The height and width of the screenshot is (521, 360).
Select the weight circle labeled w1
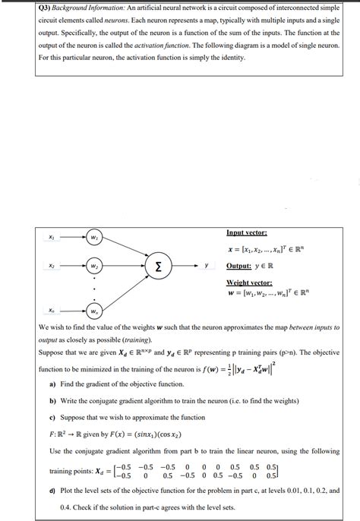[x=94, y=235]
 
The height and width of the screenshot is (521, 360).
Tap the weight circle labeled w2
[x=94, y=267]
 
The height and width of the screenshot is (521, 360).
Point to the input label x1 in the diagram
[x=52, y=235]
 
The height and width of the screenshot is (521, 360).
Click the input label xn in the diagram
[x=52, y=310]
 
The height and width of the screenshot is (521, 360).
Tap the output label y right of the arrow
[x=206, y=267]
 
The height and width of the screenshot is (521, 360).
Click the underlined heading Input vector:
[x=247, y=232]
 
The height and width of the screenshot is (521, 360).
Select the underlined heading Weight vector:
[x=250, y=283]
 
